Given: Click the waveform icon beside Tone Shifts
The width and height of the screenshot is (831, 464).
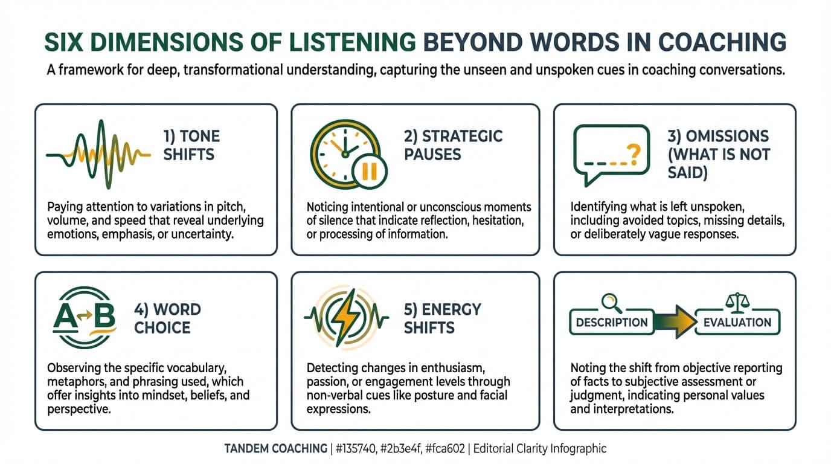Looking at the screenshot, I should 98,154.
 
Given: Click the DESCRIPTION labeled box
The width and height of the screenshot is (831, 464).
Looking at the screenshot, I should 611,323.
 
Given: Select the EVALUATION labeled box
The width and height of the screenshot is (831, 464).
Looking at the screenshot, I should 737,323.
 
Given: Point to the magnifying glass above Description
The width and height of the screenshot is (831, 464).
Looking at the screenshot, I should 611,300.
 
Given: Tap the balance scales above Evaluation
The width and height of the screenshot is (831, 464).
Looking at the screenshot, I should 737,300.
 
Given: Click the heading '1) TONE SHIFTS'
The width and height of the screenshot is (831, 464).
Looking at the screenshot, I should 191,145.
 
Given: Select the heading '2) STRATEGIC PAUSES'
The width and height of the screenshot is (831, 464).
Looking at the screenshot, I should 453,145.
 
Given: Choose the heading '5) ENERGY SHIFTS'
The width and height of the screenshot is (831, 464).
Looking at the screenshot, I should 442,318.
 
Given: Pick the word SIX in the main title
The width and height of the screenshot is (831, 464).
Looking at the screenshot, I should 66,42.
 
